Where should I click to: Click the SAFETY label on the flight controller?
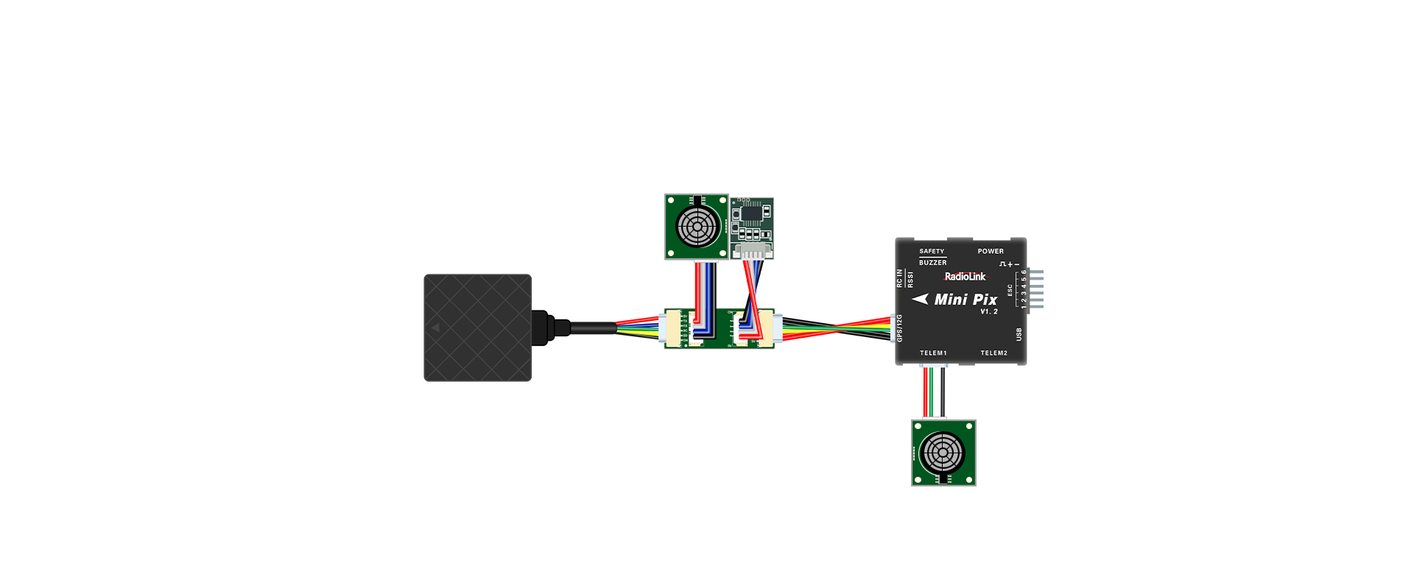(931, 251)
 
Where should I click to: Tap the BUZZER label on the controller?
(932, 263)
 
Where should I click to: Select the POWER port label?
(991, 251)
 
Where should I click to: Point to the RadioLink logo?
(965, 277)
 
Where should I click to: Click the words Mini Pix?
(965, 300)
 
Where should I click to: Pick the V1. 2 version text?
(989, 312)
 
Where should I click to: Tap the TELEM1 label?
(933, 353)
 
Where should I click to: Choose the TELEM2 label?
(993, 353)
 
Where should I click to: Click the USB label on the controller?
(1019, 334)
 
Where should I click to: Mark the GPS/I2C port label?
(900, 328)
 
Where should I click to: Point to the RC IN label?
(899, 277)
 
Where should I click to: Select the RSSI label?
(910, 280)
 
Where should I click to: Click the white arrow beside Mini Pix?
(920, 299)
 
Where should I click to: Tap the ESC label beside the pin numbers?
(1010, 290)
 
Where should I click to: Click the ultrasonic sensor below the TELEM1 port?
(943, 453)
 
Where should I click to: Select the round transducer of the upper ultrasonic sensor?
(697, 226)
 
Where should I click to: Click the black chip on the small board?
(750, 213)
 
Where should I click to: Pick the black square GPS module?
(477, 327)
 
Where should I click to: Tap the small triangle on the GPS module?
(435, 327)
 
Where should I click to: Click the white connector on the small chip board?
(752, 251)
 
